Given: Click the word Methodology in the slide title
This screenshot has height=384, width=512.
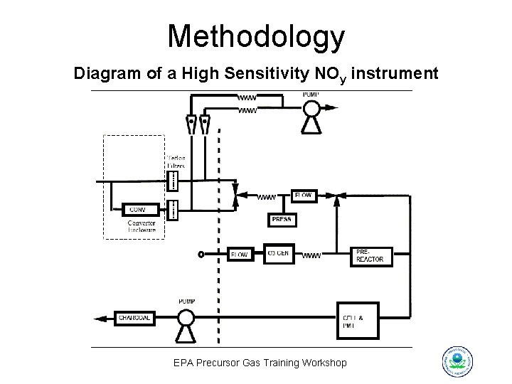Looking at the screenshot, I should click(256, 36).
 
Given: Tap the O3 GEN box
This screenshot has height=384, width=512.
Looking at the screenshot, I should click(278, 253).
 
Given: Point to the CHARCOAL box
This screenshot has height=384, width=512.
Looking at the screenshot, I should click(134, 318).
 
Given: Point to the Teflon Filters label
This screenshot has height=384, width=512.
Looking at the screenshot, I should click(176, 161).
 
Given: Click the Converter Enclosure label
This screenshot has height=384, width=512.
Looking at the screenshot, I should click(142, 226).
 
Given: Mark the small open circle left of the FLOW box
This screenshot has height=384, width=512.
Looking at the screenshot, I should click(201, 254).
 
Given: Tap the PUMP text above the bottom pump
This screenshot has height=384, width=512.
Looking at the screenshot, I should click(186, 302).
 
